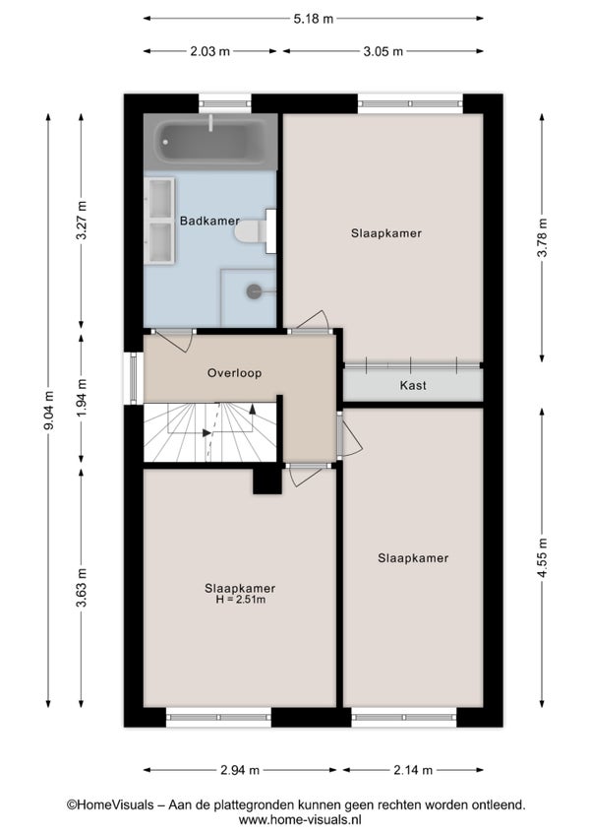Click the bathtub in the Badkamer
click(x=210, y=142)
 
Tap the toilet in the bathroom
click(x=255, y=231)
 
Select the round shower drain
click(x=254, y=291)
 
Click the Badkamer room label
click(x=209, y=221)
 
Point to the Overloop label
click(x=234, y=373)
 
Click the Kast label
click(x=413, y=385)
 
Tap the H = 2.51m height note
click(x=240, y=600)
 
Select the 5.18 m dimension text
click(x=314, y=19)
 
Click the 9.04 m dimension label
click(x=48, y=410)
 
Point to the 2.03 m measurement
click(x=210, y=51)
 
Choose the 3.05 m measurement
click(x=383, y=51)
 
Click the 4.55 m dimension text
click(x=542, y=557)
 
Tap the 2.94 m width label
click(x=240, y=769)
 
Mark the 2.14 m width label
click(x=413, y=769)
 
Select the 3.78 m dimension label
click(x=542, y=237)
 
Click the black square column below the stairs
click(x=267, y=480)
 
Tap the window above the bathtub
click(x=225, y=103)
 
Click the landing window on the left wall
click(x=133, y=378)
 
